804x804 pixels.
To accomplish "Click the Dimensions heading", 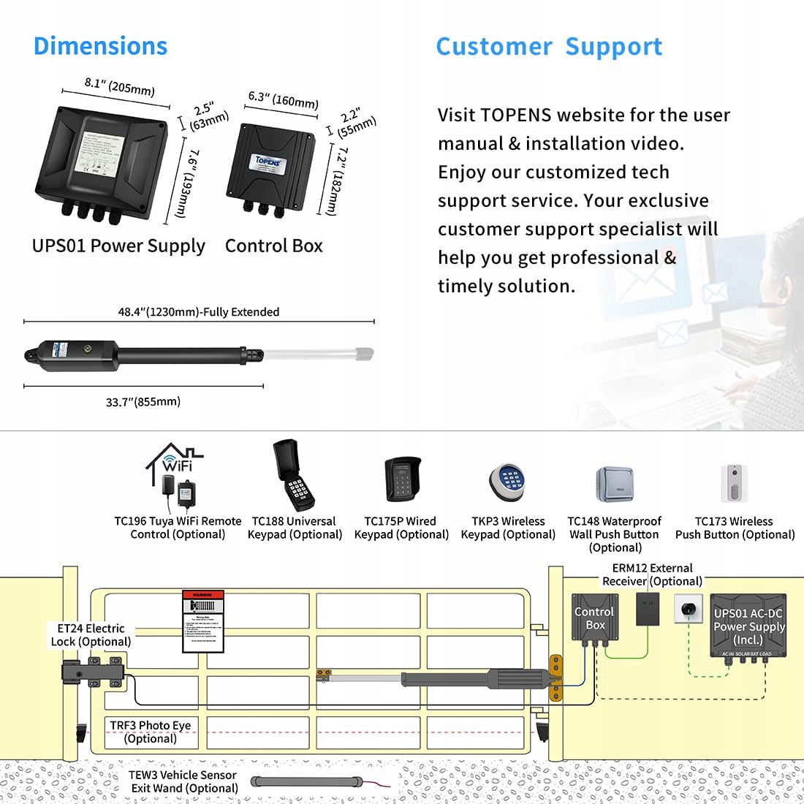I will [x=101, y=46].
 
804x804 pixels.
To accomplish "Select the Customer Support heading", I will [x=549, y=47].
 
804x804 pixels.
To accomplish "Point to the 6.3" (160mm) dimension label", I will [x=283, y=99].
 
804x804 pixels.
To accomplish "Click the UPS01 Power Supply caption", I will [x=118, y=246].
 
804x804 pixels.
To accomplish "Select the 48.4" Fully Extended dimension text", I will [x=199, y=312].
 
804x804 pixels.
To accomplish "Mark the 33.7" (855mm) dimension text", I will [x=143, y=402].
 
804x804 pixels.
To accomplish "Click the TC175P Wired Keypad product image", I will [x=403, y=479].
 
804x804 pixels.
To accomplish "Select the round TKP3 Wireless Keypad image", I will [x=508, y=483].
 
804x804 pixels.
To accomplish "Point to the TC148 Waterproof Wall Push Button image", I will [x=614, y=484].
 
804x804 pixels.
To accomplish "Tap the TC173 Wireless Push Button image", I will [x=733, y=483].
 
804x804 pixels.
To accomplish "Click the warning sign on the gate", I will [x=201, y=621].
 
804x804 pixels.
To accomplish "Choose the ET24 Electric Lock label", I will [x=91, y=635].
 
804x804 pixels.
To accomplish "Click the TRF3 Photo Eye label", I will [x=151, y=732].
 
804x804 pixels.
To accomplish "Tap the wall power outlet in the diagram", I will [x=687, y=608].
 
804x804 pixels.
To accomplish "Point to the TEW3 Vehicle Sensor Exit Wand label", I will [x=183, y=781].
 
